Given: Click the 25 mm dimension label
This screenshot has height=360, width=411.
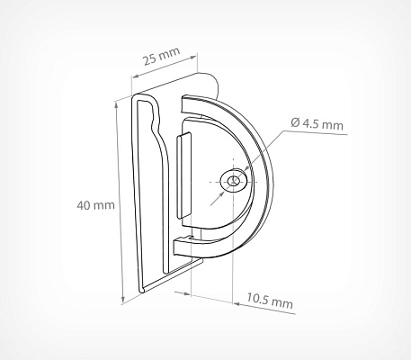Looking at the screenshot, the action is point(162,56).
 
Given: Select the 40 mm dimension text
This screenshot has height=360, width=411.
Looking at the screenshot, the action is point(95,205).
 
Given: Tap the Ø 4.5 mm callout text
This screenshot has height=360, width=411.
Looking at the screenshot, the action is point(317,123).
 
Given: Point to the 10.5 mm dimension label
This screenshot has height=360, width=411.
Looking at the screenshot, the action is point(270,301).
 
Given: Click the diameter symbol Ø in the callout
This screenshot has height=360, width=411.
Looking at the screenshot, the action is point(295,122).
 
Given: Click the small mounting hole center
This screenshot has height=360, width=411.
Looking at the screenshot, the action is point(234,181).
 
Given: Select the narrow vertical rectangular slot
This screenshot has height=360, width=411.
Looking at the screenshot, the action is point(183,175).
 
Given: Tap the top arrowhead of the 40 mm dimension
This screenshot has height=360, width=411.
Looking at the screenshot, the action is point(116,104).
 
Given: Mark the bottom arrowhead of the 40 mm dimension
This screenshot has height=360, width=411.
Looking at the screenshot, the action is point(123,299).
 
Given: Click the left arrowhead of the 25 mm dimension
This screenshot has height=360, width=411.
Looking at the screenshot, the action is point(135,76).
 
